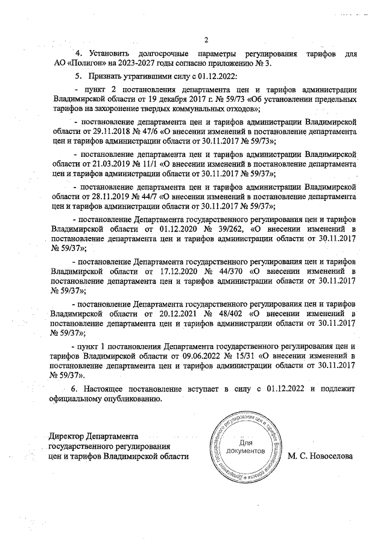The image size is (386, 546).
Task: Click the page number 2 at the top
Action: click(x=206, y=41)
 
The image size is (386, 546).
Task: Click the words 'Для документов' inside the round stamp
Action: click(x=244, y=447)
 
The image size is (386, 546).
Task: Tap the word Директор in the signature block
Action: click(x=67, y=436)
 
